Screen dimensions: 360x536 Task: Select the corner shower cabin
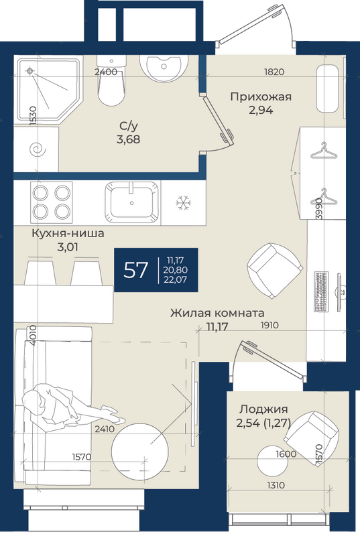coord(50,90)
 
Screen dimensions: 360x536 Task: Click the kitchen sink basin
coord(132,202)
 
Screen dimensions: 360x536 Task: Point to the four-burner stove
coord(51,202)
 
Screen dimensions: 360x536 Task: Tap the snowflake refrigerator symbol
coord(183,203)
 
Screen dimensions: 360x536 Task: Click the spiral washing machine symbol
coord(38,149)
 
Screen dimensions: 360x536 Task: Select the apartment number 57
coord(135,270)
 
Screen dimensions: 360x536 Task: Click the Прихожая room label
coord(261,96)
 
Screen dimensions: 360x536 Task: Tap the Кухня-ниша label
coord(68,233)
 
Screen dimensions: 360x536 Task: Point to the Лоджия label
coord(263,409)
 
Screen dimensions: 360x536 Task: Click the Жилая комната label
coord(217,313)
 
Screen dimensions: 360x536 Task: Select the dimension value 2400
coord(106,72)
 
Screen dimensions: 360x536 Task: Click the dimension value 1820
coord(274,72)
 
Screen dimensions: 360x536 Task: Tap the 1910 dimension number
coord(269,325)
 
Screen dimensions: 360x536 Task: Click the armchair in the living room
coord(275,271)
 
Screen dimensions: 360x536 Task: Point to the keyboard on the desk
coord(321,291)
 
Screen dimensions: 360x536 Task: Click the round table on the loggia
coord(272,460)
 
